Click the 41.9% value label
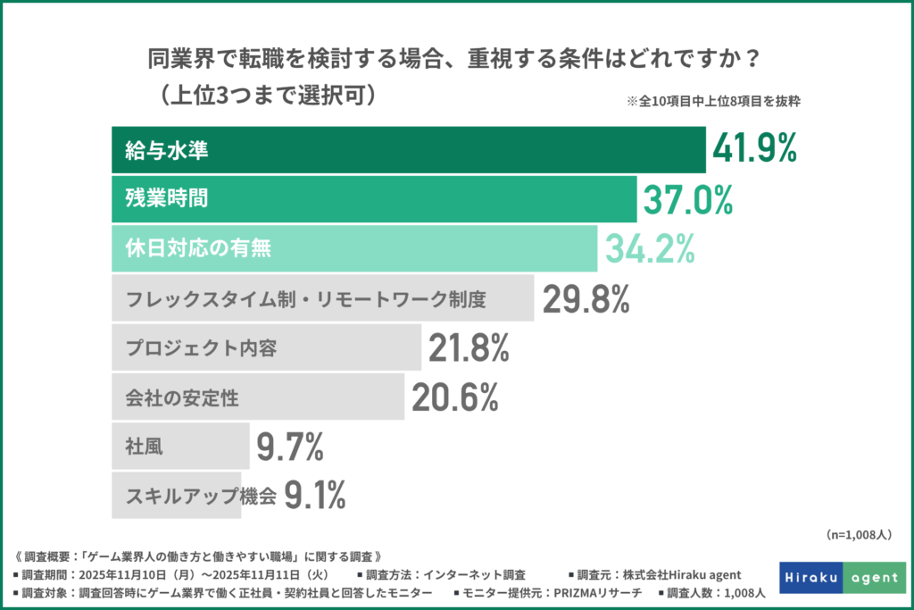[754, 150]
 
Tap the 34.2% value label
[650, 249]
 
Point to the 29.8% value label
[586, 299]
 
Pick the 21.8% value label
[469, 348]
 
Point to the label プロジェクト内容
[200, 348]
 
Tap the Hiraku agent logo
[842, 578]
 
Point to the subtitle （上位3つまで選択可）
[261, 96]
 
